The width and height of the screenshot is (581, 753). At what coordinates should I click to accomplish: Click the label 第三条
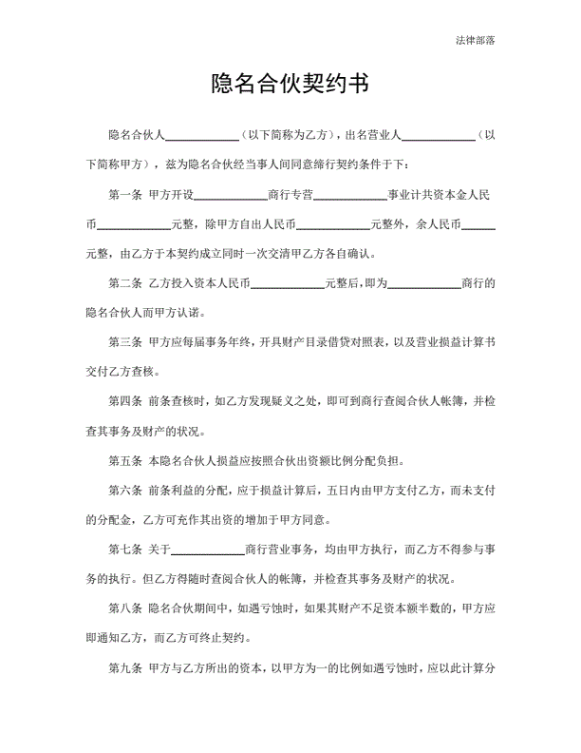coord(126,342)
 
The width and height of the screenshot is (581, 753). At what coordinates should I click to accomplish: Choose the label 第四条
coord(126,401)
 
